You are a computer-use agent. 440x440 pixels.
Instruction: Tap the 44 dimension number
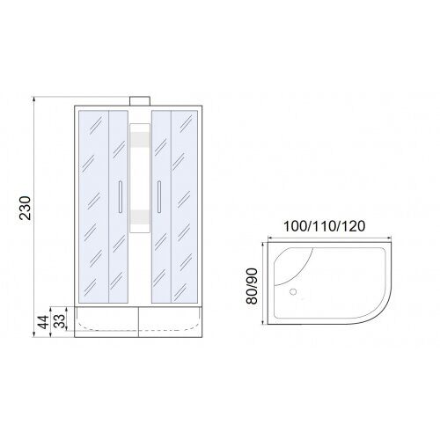coord(44,322)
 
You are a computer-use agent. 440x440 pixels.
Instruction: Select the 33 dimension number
coord(60,321)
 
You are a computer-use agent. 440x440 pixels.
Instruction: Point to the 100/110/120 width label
coord(325,226)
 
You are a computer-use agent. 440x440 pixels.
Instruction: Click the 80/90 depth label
coord(252,286)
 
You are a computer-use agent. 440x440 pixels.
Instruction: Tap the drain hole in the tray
coord(293,291)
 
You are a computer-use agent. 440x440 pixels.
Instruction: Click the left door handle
coord(121,197)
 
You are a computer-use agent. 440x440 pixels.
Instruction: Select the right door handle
coord(159,197)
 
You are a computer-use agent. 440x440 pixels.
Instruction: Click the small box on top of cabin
coord(140,101)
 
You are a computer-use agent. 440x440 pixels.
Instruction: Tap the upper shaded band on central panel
coord(140,138)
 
